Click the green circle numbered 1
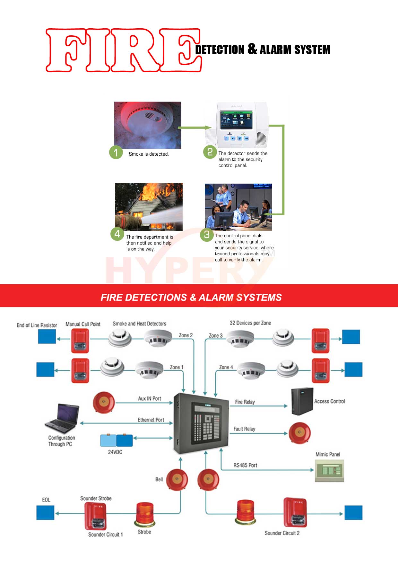coord(116,152)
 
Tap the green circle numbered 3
coord(207,235)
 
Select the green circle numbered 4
coord(117,234)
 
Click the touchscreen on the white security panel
coord(236,120)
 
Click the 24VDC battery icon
coord(117,441)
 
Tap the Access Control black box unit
coord(302,401)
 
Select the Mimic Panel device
coord(329,470)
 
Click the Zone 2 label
coord(186,335)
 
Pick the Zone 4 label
coord(226,367)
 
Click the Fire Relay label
coord(245,402)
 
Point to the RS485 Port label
coord(245,465)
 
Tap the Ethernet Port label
coord(151,420)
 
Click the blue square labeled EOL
coord(45,513)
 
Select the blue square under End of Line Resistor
coord(47,337)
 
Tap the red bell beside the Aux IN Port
coord(104,402)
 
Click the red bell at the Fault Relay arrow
coord(299,433)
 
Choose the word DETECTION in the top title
coord(220,50)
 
